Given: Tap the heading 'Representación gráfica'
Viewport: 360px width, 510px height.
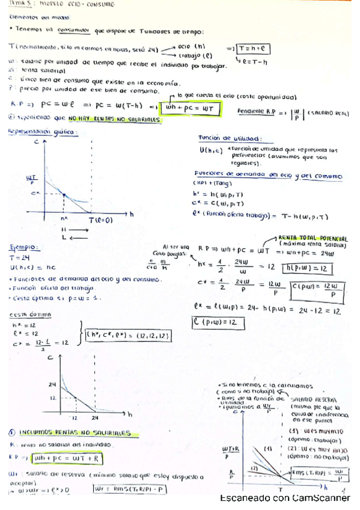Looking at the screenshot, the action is (x=37, y=131).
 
